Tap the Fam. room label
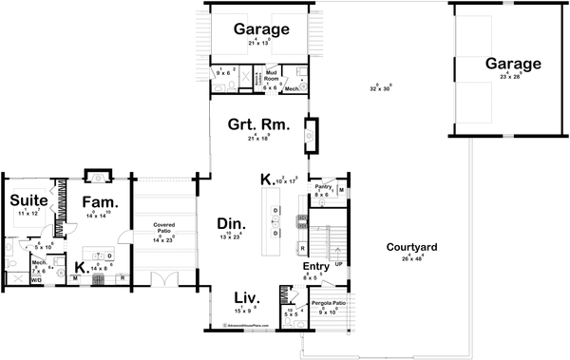click(98, 201)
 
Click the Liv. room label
click(247, 298)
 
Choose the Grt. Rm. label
click(252, 125)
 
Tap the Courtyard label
click(411, 248)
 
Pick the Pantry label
click(323, 187)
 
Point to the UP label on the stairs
click(337, 263)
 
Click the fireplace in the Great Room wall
click(310, 135)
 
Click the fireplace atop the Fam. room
click(96, 177)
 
